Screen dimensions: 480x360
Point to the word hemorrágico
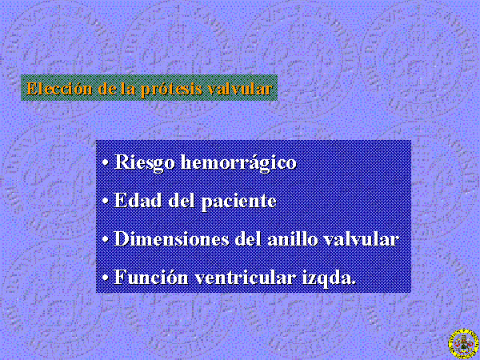coord(238,162)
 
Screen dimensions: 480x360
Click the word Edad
coord(138,201)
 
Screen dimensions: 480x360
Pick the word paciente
coord(238,202)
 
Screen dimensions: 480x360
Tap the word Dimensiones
coord(172,238)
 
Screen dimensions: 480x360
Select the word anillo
coord(293,238)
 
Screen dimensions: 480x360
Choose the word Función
coord(151,277)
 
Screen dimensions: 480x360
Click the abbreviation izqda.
coord(329,278)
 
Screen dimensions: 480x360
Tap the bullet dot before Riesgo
coord(106,163)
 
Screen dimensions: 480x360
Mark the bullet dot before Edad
coord(106,202)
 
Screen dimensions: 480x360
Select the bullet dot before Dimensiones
coord(106,240)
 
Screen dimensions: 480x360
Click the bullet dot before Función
coord(106,278)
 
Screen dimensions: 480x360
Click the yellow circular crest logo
coord(463,344)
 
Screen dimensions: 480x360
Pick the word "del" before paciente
coord(182,201)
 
